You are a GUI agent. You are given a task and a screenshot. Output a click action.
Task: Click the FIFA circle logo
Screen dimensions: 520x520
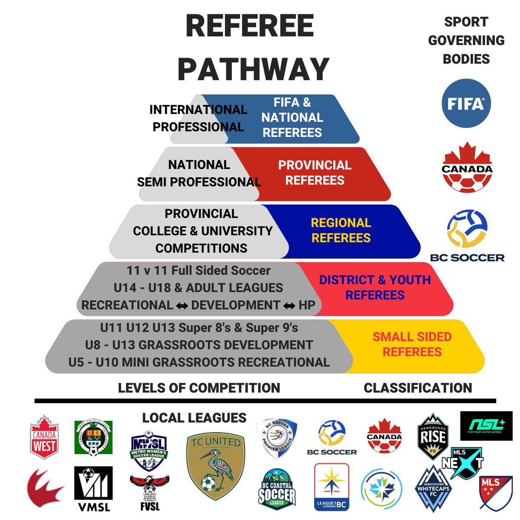[466, 103]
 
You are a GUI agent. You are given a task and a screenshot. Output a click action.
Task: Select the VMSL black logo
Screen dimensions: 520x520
[94, 488]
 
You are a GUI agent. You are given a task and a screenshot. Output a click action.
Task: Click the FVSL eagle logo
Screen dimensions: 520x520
[149, 492]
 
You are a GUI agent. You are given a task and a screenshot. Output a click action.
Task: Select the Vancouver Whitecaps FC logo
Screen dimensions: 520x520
[433, 489]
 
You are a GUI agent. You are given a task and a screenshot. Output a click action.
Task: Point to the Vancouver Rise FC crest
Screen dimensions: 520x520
[432, 436]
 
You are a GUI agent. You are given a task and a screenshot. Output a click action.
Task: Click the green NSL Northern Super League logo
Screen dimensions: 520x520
[486, 426]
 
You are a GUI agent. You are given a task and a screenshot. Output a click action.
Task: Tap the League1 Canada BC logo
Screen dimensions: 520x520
[331, 487]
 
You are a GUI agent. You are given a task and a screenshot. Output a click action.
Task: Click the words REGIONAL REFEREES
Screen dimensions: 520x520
[341, 231]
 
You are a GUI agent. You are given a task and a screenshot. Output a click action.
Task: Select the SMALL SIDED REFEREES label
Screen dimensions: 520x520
[412, 344]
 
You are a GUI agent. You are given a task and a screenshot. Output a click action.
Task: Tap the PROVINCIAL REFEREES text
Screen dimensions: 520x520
[315, 173]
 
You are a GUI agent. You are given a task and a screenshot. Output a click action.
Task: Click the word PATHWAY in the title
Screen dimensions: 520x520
[253, 69]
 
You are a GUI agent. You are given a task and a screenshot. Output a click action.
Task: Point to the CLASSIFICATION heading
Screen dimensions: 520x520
[418, 388]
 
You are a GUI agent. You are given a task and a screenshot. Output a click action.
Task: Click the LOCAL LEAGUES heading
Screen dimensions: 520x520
[194, 418]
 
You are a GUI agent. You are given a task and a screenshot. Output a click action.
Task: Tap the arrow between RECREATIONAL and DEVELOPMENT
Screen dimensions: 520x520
[182, 306]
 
